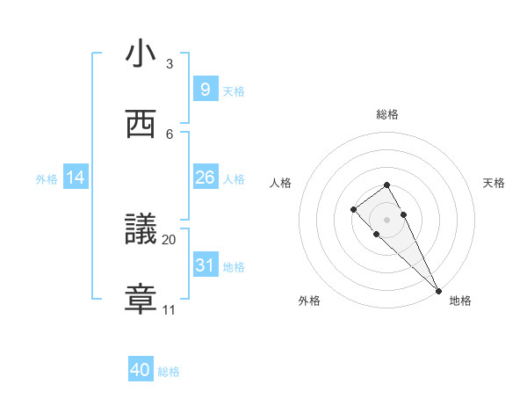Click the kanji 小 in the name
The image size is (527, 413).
[140, 54]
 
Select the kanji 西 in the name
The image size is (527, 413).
[140, 124]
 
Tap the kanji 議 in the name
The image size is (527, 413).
[140, 229]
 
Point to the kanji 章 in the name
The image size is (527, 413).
[140, 300]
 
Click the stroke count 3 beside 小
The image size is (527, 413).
[170, 64]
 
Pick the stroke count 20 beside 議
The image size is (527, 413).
[170, 239]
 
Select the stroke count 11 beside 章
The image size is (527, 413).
[170, 310]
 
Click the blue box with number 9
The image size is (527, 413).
[205, 90]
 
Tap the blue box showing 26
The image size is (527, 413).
[205, 178]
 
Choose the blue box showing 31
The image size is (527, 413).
[205, 265]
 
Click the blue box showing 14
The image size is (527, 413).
[76, 178]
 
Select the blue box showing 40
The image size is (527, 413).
[140, 371]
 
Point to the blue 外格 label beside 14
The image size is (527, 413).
[47, 178]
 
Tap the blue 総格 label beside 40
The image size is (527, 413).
[169, 372]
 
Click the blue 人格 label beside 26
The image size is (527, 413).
[234, 178]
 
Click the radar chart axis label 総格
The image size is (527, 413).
[386, 114]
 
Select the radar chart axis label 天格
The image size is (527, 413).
[495, 183]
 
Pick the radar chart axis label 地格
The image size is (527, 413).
[460, 301]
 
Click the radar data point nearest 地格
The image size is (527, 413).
[438, 290]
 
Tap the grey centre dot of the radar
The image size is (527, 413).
[386, 220]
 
